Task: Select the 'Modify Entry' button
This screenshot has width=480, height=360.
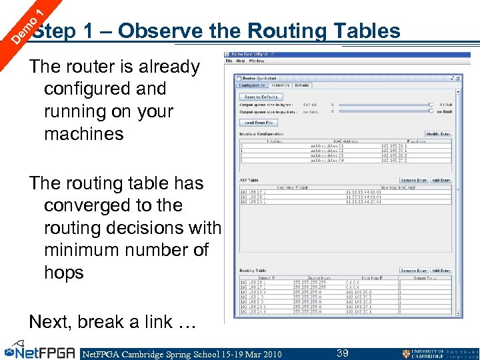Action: click(x=437, y=134)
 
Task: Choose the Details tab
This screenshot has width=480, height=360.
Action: click(x=302, y=85)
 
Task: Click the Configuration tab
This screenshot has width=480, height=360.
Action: click(x=253, y=85)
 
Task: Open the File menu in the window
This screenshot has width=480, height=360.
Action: click(x=229, y=61)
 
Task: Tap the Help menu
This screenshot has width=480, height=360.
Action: click(x=240, y=61)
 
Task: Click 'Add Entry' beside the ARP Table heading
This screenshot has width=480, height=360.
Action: click(x=441, y=180)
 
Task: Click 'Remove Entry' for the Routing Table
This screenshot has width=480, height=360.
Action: click(x=413, y=271)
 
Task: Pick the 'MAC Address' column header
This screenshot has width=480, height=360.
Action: click(x=327, y=140)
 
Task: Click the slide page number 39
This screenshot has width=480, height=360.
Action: click(x=343, y=353)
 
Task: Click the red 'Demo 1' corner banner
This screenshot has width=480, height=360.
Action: click(x=23, y=24)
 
